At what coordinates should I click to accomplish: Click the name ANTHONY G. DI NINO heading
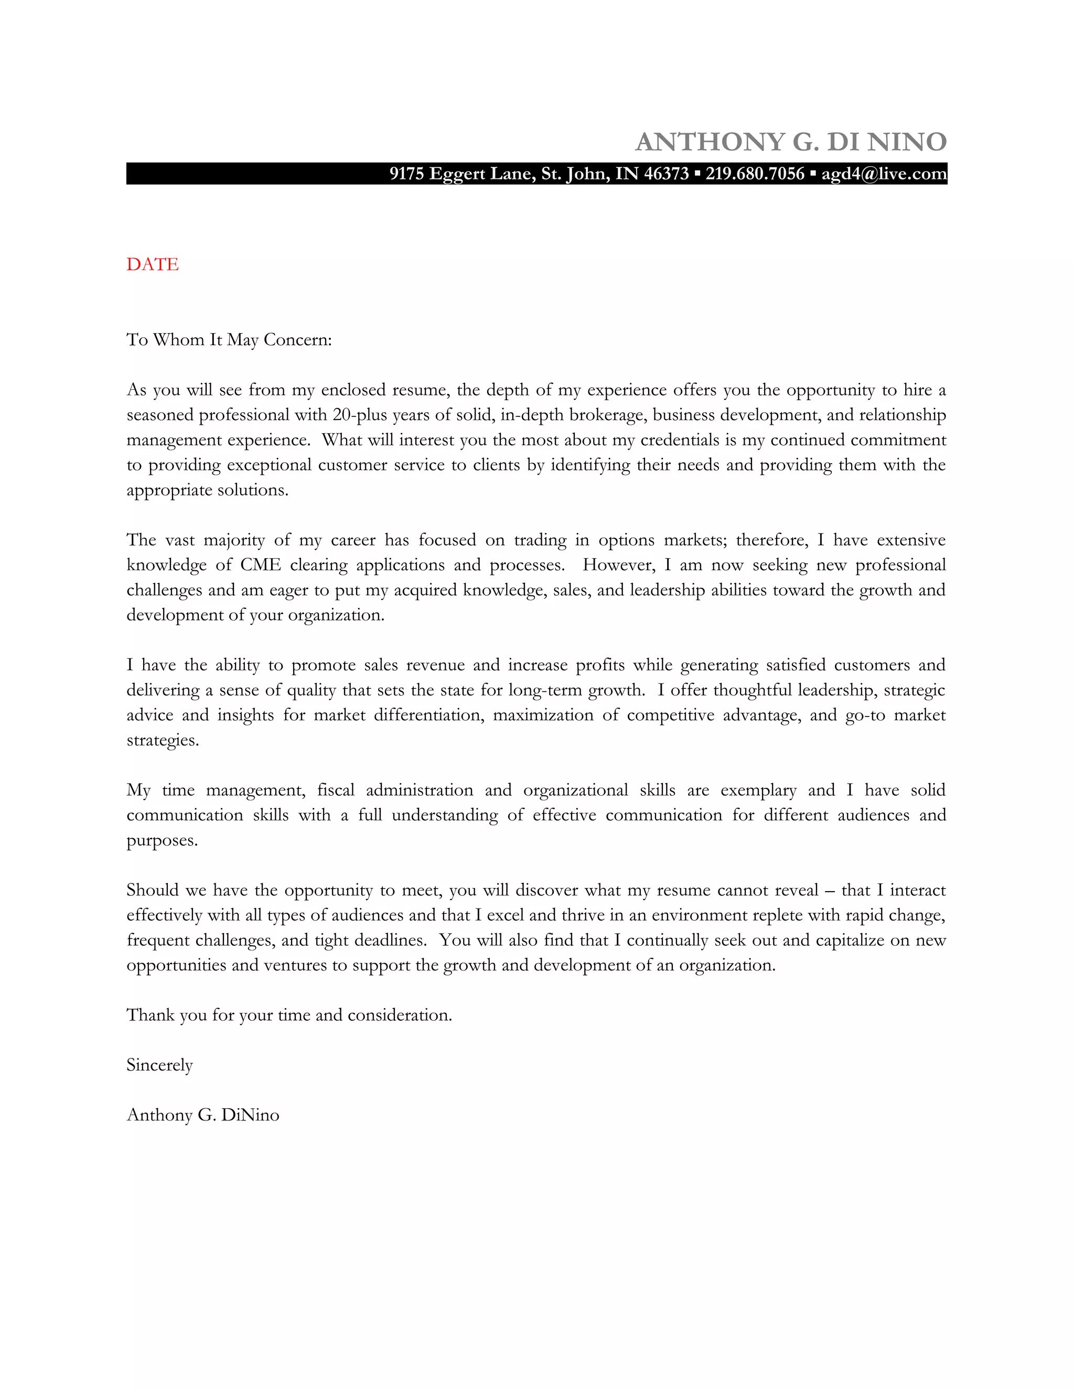tap(791, 142)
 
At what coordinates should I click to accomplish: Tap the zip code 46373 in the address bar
tap(665, 174)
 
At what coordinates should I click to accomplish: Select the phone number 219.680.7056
tap(755, 174)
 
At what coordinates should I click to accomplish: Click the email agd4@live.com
tap(883, 174)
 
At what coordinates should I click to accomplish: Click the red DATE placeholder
tap(153, 264)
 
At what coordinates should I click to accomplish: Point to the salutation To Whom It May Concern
tap(229, 340)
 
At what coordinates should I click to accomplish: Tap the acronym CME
tap(260, 565)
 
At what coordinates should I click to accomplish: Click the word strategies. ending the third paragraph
tap(163, 741)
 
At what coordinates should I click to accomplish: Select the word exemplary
tap(758, 790)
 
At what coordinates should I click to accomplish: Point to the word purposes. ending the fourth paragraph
tap(162, 841)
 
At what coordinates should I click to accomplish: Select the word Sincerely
tap(160, 1065)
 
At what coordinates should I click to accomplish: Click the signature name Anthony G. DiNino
tap(203, 1115)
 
